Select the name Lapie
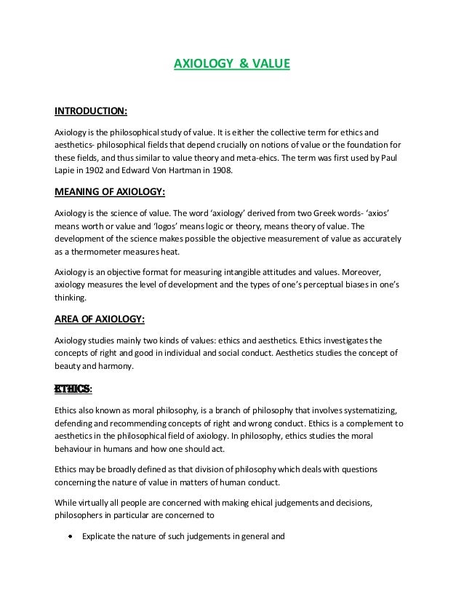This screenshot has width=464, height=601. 68,172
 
